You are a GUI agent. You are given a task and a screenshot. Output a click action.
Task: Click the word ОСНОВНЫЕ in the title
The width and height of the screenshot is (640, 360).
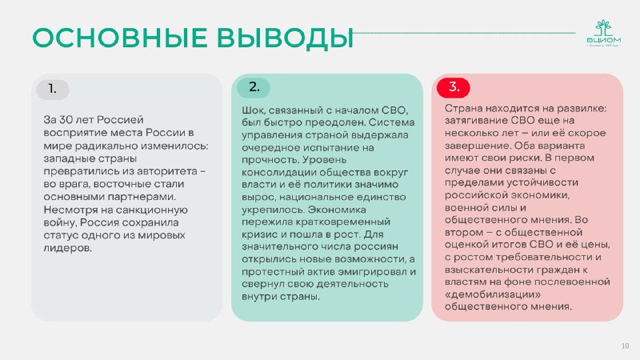(120, 38)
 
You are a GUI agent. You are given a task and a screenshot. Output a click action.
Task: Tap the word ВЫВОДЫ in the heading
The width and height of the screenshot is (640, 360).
(285, 38)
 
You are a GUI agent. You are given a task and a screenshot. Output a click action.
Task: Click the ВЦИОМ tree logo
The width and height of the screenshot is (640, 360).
(604, 33)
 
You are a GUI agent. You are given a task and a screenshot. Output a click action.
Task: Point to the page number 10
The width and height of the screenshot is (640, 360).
(625, 346)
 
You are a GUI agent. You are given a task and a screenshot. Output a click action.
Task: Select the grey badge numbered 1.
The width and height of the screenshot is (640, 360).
(53, 90)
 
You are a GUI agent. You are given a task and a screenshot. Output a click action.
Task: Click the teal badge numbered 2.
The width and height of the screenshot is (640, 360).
(254, 87)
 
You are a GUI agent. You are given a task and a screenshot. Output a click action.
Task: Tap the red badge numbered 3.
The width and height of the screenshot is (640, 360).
(454, 87)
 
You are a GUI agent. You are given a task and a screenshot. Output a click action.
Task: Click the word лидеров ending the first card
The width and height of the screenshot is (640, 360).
(68, 248)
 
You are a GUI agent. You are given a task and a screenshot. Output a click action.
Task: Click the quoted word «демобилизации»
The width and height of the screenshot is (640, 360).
(493, 294)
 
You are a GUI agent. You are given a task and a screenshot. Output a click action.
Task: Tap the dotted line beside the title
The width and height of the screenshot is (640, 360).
(465, 33)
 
